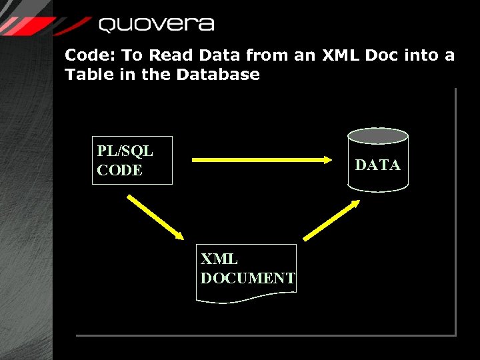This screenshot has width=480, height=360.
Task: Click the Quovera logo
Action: point(156,25)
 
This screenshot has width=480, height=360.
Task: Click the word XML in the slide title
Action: point(341,55)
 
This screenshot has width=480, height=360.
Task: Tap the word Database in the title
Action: point(218,74)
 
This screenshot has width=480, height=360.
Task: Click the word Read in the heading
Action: point(170,55)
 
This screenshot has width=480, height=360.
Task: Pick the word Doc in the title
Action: point(383,55)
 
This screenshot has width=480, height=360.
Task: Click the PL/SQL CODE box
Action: point(132,160)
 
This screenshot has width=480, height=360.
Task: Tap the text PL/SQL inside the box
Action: point(125,151)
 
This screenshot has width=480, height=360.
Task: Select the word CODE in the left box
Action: point(119,170)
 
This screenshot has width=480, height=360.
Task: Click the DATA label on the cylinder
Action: point(377,165)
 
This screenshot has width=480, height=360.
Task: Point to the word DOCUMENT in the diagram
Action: point(248,278)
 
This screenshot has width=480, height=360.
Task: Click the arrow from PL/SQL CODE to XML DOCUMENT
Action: point(155,217)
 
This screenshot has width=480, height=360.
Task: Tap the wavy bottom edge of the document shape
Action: point(246,301)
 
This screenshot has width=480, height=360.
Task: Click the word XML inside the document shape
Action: point(219,259)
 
